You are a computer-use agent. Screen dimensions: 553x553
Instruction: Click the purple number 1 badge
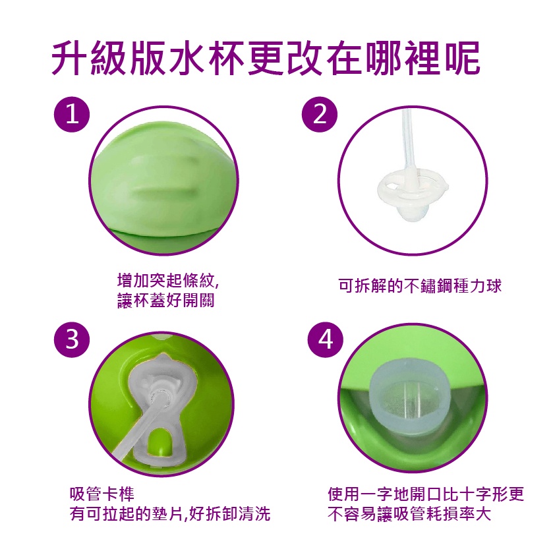pyautogui.click(x=72, y=114)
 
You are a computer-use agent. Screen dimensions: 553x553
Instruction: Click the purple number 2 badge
pyautogui.click(x=320, y=114)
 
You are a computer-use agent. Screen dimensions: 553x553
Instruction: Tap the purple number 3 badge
pyautogui.click(x=72, y=339)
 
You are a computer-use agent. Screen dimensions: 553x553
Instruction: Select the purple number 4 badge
pyautogui.click(x=325, y=339)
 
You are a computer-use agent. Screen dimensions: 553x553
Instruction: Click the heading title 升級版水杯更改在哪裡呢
pyautogui.click(x=266, y=59)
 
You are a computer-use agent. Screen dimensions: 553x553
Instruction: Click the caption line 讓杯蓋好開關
pyautogui.click(x=165, y=301)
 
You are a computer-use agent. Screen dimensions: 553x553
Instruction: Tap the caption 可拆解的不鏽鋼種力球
pyautogui.click(x=420, y=285)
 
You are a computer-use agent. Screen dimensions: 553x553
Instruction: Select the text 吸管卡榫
pyautogui.click(x=102, y=494)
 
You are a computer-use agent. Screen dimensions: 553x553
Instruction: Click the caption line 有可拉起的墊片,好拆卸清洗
pyautogui.click(x=170, y=514)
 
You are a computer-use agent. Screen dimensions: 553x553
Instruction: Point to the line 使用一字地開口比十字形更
pyautogui.click(x=426, y=494)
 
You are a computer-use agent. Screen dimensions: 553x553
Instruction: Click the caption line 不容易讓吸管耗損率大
pyautogui.click(x=409, y=514)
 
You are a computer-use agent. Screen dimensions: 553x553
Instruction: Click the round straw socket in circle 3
pyautogui.click(x=160, y=398)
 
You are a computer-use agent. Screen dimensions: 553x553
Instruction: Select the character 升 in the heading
pyautogui.click(x=69, y=59)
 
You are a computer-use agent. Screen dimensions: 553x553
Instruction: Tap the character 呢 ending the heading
pyautogui.click(x=463, y=59)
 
